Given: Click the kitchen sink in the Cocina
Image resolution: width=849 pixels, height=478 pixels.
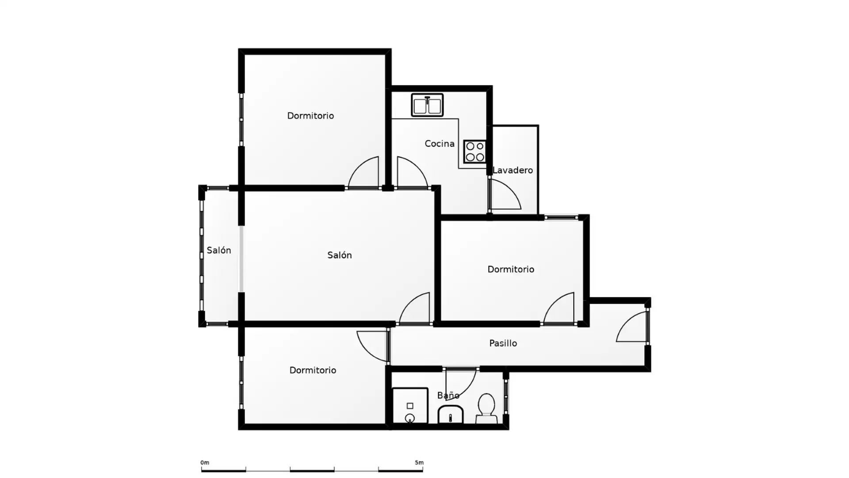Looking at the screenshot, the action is [x=427, y=105].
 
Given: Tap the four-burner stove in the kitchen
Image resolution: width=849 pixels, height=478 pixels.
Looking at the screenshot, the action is [x=475, y=151].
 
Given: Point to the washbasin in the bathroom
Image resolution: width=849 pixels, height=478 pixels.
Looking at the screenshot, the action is [x=450, y=415].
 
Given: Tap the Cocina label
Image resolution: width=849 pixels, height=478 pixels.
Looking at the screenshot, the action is [x=440, y=143].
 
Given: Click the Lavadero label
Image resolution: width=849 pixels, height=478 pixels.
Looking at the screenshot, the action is [x=512, y=170].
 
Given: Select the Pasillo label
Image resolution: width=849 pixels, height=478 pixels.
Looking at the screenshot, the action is [x=503, y=343].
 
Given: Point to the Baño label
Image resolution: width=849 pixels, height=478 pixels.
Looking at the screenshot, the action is [x=448, y=395].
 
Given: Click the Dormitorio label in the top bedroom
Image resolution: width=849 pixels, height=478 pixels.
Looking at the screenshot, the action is [x=310, y=116].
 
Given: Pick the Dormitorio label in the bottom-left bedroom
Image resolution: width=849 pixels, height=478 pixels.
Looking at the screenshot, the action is [x=313, y=370].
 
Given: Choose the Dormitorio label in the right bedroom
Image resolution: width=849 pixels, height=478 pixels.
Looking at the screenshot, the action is [x=511, y=269].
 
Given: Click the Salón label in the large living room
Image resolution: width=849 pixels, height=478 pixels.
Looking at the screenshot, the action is [x=340, y=255].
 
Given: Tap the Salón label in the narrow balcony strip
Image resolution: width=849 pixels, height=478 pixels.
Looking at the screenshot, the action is [x=219, y=250].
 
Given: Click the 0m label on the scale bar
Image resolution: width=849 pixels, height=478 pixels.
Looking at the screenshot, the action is [x=205, y=463].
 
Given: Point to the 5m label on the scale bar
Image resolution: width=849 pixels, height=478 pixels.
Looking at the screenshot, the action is [x=419, y=463].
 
